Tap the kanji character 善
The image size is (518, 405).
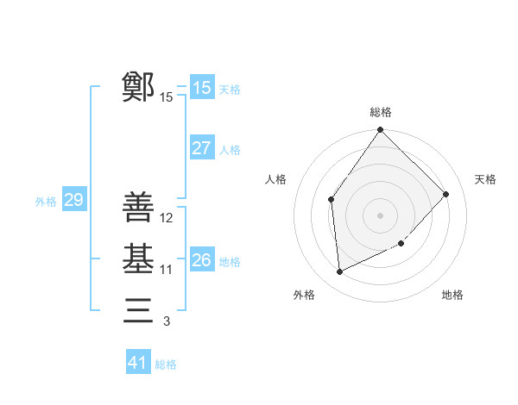click(139, 207)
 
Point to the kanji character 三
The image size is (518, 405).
click(139, 309)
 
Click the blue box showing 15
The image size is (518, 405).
click(202, 87)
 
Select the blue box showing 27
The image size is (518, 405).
click(202, 148)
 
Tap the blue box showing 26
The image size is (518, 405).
click(202, 259)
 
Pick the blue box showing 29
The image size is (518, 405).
click(73, 200)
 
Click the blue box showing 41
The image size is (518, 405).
click(138, 363)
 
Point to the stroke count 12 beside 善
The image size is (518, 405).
click(167, 218)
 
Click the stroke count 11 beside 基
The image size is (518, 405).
click(167, 270)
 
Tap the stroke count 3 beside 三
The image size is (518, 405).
click(167, 321)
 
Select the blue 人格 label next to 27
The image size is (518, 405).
click(230, 150)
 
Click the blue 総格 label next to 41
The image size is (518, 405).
click(166, 364)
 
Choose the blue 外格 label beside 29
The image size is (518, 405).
click(46, 202)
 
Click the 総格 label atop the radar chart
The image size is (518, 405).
click(381, 112)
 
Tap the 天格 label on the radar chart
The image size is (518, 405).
click(485, 179)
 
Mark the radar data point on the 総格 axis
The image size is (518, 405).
click(381, 130)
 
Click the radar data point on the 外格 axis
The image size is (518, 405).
click(340, 272)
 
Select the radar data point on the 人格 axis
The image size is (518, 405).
click(332, 200)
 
